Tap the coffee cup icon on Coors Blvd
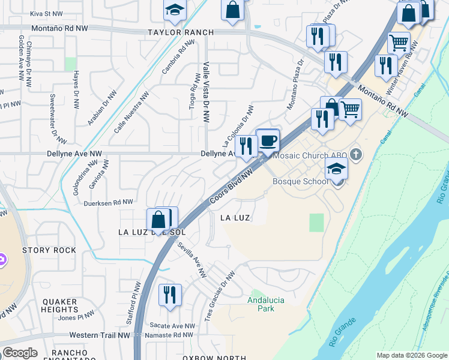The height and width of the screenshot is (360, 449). click(268, 141)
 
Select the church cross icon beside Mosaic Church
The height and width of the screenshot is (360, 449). click(356, 155)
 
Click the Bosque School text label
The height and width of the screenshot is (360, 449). click(298, 181)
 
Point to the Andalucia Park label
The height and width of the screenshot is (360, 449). click(266, 304)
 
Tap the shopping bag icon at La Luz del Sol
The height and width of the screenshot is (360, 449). click(157, 220)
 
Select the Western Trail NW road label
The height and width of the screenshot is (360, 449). click(100, 335)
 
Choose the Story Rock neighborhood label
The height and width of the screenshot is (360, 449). click(49, 250)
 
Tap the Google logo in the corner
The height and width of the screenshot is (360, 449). click(20, 353)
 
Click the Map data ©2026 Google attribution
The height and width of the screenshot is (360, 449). click(412, 355)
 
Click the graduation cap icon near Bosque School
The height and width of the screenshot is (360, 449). click(337, 169)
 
